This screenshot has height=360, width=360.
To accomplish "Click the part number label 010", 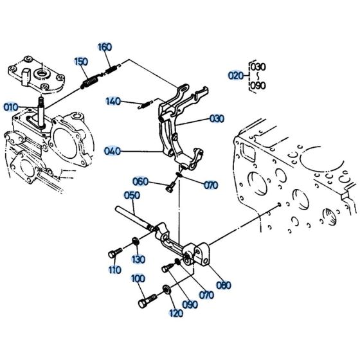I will click(x=11, y=106).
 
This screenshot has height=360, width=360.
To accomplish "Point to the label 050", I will click(x=131, y=195).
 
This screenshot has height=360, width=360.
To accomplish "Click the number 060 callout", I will click(x=141, y=181).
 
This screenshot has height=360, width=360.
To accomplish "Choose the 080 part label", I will click(x=223, y=285).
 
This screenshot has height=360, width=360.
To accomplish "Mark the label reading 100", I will click(x=138, y=278).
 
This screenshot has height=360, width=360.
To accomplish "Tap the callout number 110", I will click(x=114, y=270).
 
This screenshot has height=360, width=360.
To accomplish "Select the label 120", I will click(x=175, y=313).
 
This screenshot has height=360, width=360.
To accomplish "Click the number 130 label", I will click(x=139, y=259).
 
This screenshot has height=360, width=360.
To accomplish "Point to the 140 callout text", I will click(x=113, y=101).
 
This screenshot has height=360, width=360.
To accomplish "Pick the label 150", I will click(x=80, y=62).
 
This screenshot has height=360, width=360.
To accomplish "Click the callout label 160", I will click(x=104, y=47).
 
